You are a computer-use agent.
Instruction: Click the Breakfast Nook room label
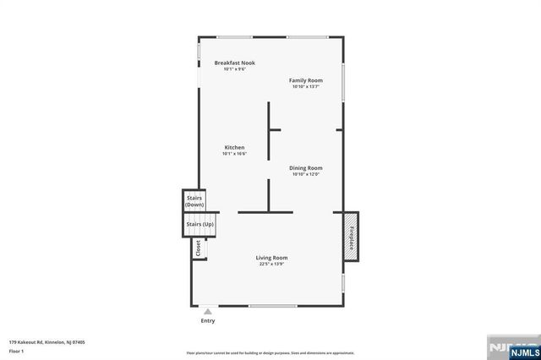pyautogui.click(x=234, y=63)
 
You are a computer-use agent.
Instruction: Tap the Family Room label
pyautogui.click(x=305, y=80)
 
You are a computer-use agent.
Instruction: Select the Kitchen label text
pyautogui.click(x=234, y=148)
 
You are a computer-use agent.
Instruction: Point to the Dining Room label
pyautogui.click(x=305, y=168)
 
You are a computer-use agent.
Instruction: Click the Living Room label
pyautogui.click(x=272, y=258)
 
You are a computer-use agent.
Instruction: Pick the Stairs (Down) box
pyautogui.click(x=194, y=202)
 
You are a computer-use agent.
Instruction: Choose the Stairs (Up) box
pyautogui.click(x=199, y=224)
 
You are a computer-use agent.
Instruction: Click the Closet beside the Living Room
pyautogui.click(x=199, y=248)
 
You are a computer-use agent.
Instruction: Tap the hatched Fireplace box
pyautogui.click(x=350, y=233)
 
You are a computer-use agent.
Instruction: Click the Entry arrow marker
pyautogui.click(x=208, y=312)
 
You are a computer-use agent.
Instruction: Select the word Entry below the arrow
pyautogui.click(x=208, y=321)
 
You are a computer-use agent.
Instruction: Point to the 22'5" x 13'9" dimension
pyautogui.click(x=272, y=265)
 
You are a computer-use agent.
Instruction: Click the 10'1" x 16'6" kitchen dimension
pyautogui.click(x=234, y=155)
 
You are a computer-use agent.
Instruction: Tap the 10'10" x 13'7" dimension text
pyautogui.click(x=305, y=87)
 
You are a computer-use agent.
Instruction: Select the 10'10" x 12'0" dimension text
pyautogui.click(x=305, y=175)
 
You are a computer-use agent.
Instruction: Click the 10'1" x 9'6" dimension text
pyautogui.click(x=234, y=69)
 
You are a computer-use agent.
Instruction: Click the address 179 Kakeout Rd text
pyautogui.click(x=47, y=342)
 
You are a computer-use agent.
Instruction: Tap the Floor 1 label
pyautogui.click(x=16, y=351)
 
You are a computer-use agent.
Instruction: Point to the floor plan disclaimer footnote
pyautogui.click(x=270, y=352)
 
